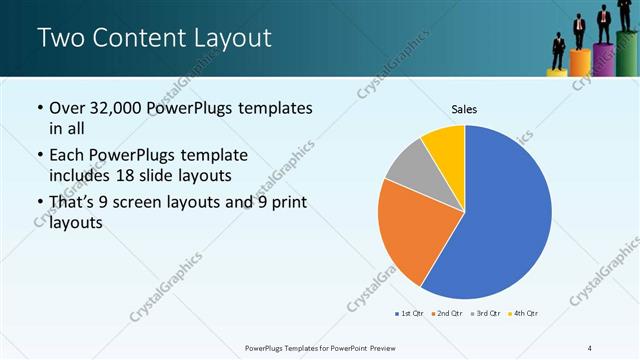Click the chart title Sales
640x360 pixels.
point(464,108)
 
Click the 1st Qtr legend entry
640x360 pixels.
point(410,314)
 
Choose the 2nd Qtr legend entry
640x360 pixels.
point(447,314)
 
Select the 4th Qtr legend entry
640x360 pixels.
point(524,314)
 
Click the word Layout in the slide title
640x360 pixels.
point(229,39)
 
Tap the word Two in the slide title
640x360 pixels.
point(59,39)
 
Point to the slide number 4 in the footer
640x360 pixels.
point(590,347)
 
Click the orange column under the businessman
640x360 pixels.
point(580,62)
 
